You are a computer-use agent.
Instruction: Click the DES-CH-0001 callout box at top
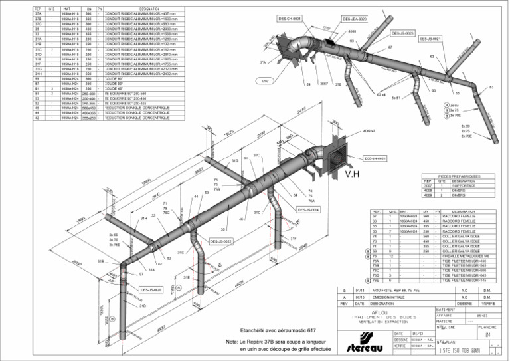[288, 19]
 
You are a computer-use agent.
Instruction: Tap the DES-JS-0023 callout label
[402, 33]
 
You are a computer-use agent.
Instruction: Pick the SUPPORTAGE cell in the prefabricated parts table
[462, 186]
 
